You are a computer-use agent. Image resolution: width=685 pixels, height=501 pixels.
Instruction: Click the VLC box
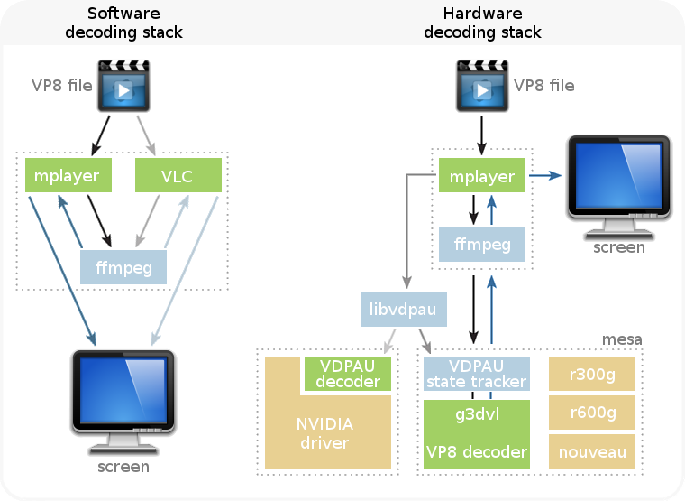(178, 175)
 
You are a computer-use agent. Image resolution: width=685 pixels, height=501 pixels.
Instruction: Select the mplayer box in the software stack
(67, 175)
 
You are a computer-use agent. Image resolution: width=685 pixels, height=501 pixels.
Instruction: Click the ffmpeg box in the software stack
(123, 267)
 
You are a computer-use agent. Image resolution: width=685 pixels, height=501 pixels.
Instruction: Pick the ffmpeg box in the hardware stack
(482, 244)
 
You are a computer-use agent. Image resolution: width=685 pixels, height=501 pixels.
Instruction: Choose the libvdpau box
(403, 310)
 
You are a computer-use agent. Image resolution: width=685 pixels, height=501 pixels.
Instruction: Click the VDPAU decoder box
(347, 373)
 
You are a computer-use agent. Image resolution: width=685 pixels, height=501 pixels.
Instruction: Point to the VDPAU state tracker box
(476, 373)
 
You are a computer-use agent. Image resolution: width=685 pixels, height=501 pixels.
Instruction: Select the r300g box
(593, 373)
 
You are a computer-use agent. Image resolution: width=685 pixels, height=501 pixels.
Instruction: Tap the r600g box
(593, 413)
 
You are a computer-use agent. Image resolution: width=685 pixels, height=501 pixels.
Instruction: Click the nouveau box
(593, 451)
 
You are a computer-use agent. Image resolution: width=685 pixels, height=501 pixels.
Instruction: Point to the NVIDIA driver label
(324, 433)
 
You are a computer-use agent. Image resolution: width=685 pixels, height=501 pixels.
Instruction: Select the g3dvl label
(476, 417)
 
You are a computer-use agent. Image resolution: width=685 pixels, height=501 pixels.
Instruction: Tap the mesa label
(622, 339)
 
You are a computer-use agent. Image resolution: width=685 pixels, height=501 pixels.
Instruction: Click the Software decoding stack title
(135, 23)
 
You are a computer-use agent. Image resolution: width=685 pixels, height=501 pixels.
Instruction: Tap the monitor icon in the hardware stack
(618, 185)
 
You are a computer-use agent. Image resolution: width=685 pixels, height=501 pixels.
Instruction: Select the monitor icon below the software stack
(123, 401)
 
